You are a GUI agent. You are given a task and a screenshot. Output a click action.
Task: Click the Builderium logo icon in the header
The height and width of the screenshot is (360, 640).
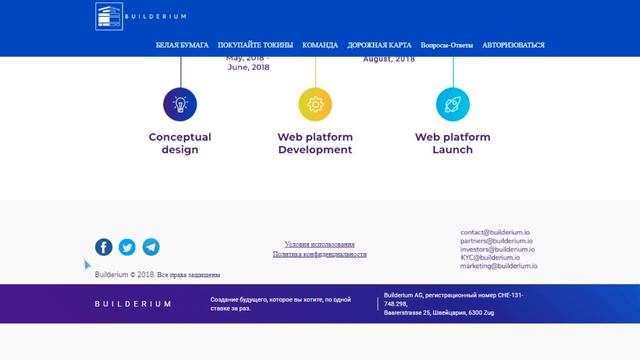tap(109, 16)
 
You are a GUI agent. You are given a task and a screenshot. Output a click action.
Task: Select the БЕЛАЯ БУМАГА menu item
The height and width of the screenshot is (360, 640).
tap(182, 45)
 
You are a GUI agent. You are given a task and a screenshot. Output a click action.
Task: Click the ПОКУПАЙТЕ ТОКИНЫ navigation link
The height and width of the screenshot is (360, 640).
tap(256, 45)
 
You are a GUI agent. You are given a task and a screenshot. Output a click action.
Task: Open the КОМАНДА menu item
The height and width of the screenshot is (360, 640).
tap(320, 45)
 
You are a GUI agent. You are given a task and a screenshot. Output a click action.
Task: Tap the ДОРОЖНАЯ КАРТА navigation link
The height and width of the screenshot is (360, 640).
tap(379, 45)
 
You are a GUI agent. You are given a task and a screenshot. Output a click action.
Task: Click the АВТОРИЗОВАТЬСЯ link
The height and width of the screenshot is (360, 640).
tap(513, 45)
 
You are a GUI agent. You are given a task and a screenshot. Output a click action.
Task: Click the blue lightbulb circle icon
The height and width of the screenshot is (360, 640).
tap(180, 103)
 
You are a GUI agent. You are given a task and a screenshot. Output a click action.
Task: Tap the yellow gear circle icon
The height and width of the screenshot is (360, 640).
tap(315, 103)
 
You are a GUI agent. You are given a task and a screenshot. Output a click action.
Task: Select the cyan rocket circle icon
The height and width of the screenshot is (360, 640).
tap(452, 103)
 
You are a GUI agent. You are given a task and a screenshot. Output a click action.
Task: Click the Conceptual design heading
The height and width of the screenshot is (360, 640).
tap(180, 143)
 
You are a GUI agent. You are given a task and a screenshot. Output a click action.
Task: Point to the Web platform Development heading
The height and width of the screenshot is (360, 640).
tap(315, 143)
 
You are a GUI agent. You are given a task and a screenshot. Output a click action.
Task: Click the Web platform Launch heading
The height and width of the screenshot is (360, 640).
tap(452, 143)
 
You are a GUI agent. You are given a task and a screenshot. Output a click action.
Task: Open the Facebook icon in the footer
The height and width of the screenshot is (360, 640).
tap(104, 247)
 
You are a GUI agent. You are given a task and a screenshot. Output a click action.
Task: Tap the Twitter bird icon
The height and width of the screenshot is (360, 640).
tap(127, 247)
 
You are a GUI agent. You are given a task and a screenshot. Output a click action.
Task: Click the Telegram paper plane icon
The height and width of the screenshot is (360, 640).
tap(150, 247)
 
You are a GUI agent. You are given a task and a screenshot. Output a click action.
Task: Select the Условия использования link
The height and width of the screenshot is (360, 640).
tap(319, 244)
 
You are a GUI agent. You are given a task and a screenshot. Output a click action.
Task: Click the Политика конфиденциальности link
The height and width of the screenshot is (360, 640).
tap(319, 255)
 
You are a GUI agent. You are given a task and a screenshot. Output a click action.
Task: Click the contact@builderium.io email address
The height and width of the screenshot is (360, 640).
tap(494, 233)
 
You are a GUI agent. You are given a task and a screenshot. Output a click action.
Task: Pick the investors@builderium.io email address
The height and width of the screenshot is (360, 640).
tap(498, 249)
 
